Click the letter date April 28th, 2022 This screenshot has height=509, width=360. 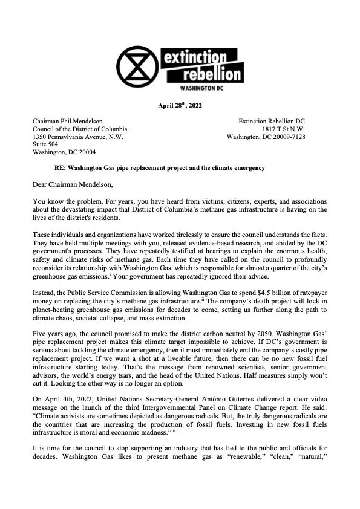pyautogui.click(x=180, y=107)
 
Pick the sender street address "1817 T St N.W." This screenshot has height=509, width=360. pyautogui.click(x=284, y=129)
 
